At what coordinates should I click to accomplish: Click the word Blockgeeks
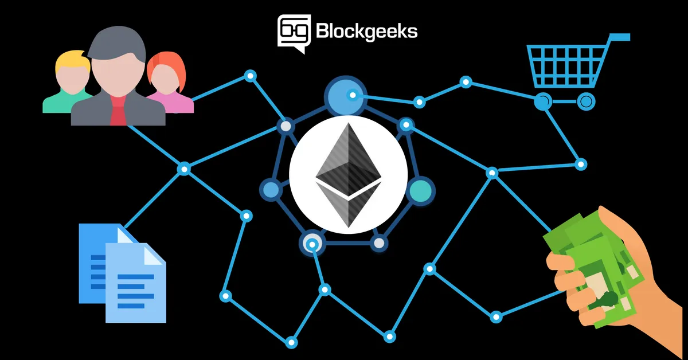tap(367, 32)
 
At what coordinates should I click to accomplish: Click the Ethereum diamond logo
tap(349, 175)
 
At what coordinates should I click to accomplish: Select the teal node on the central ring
tap(420, 191)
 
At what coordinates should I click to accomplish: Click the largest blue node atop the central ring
tap(346, 96)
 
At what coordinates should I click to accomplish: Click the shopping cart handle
tap(619, 37)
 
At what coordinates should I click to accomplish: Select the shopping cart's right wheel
tap(586, 101)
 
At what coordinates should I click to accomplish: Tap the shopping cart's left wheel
tap(543, 101)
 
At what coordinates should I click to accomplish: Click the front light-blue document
tap(136, 283)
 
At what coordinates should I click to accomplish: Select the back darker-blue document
tap(98, 263)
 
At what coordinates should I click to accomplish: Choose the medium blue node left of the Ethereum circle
tap(271, 189)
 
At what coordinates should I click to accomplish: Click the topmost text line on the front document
tap(136, 277)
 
